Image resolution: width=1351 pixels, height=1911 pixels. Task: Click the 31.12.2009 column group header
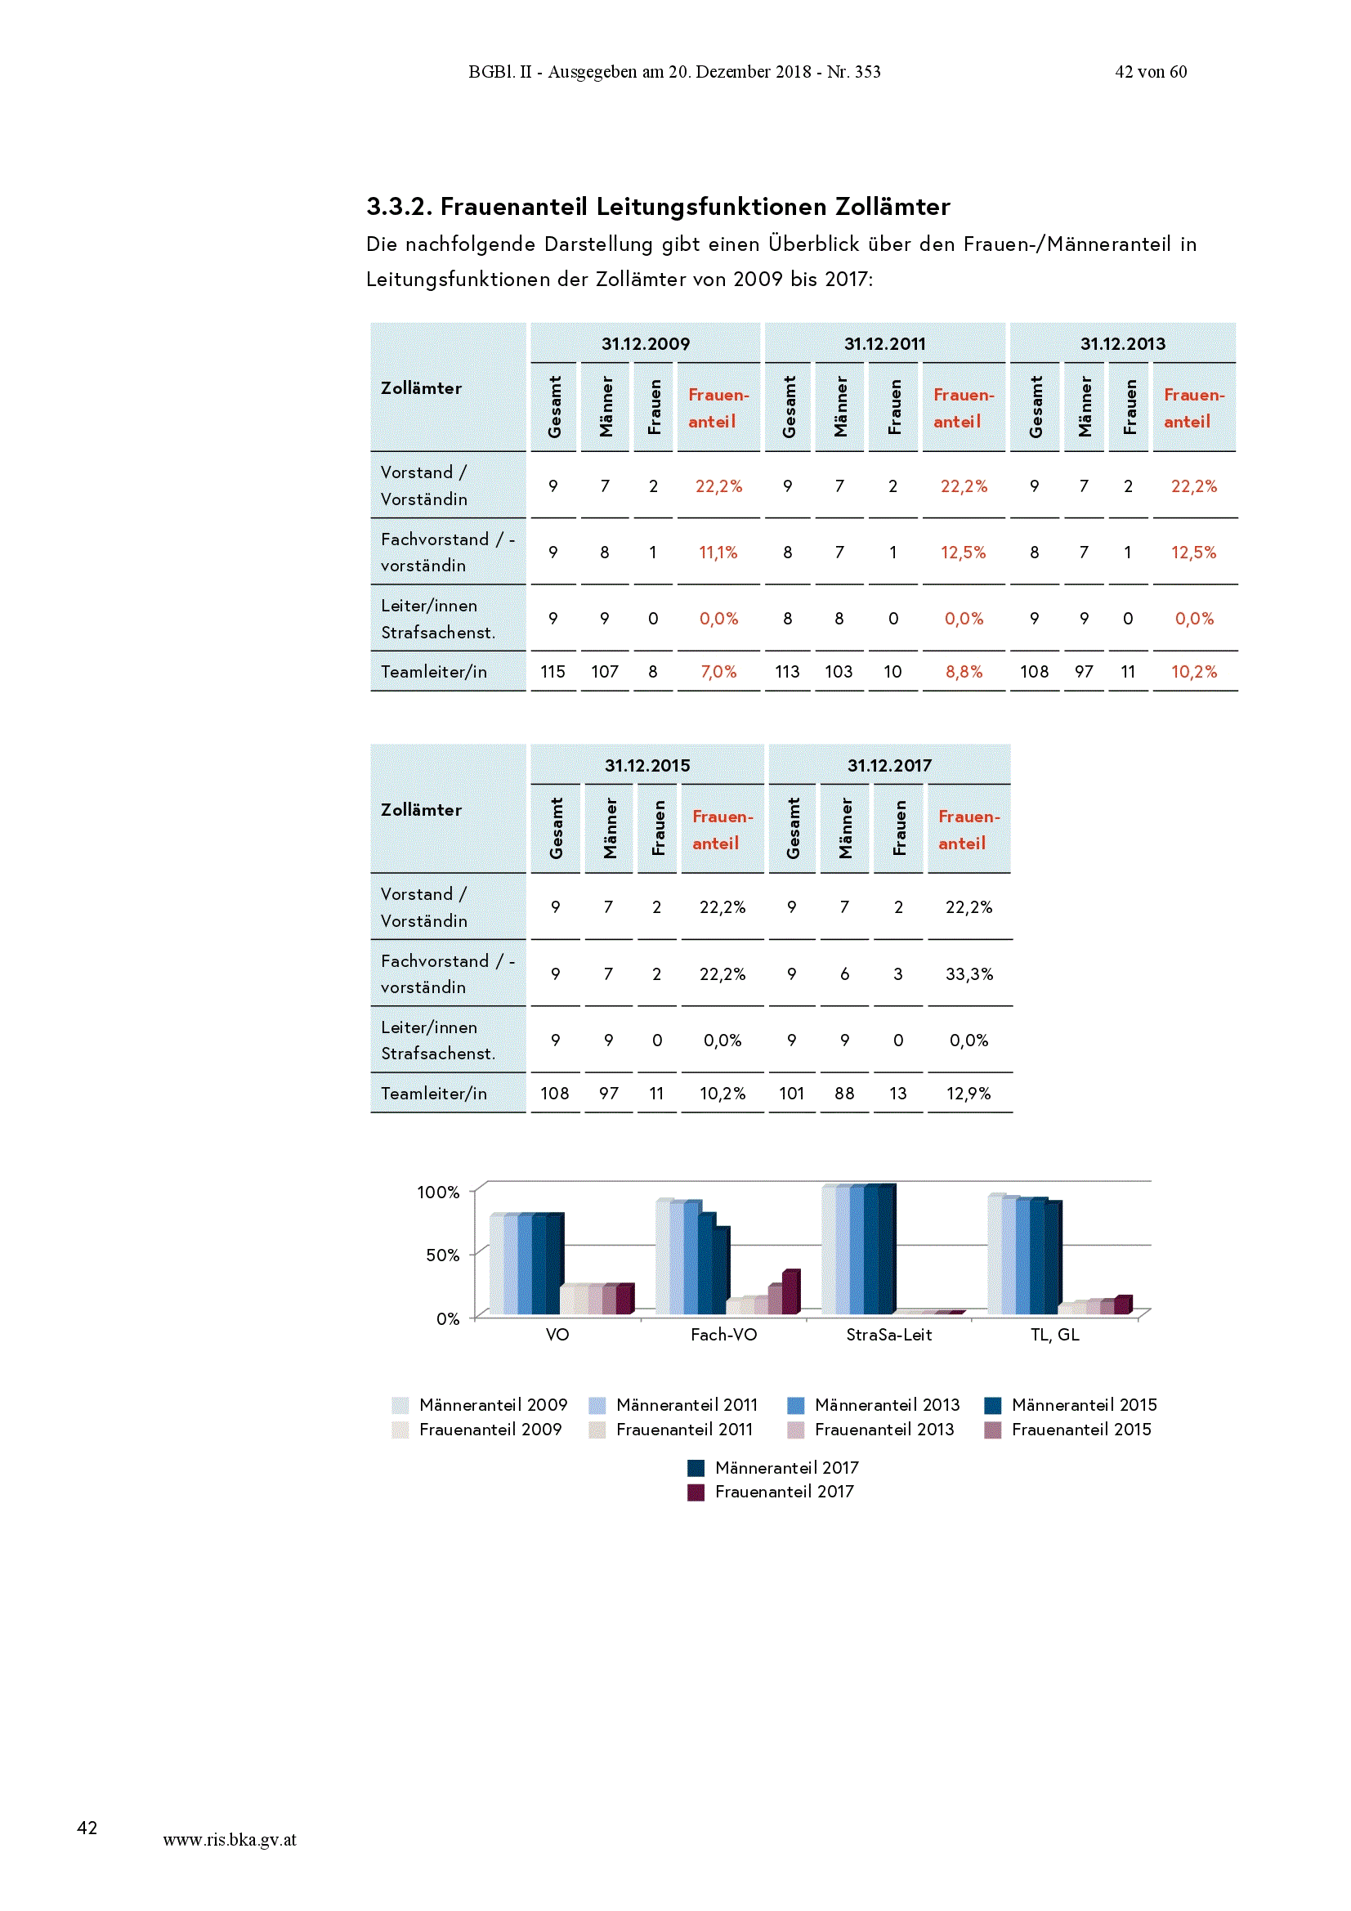[x=645, y=344]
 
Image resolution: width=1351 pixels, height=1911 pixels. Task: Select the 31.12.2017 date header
[x=889, y=766]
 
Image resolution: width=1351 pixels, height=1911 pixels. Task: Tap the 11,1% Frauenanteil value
[x=718, y=553]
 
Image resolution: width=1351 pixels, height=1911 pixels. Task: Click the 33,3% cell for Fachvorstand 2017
[x=969, y=973]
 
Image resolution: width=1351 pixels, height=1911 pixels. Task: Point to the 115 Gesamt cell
[x=552, y=672]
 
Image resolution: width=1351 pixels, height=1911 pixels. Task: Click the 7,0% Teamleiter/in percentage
[x=718, y=672]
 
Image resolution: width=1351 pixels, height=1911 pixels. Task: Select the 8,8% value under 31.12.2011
[x=963, y=672]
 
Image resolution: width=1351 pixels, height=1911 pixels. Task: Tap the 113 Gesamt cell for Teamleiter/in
[x=787, y=672]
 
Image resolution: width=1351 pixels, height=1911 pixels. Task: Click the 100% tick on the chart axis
[x=438, y=1193]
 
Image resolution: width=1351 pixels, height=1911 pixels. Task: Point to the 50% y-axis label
[x=442, y=1255]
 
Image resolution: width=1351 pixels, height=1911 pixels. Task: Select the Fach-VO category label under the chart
[x=723, y=1335]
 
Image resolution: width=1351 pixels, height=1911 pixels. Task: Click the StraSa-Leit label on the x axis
[x=888, y=1335]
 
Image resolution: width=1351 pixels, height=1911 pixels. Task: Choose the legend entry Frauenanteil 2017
[x=771, y=1492]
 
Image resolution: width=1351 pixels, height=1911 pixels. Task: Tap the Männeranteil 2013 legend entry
[x=873, y=1405]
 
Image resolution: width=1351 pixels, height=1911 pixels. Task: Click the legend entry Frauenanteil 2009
[x=477, y=1429]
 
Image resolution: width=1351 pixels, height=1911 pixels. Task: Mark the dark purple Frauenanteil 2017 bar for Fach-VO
[x=791, y=1291]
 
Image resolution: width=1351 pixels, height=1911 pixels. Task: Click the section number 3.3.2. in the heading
[x=399, y=206]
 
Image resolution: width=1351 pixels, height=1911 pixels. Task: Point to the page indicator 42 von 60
[x=1151, y=72]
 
